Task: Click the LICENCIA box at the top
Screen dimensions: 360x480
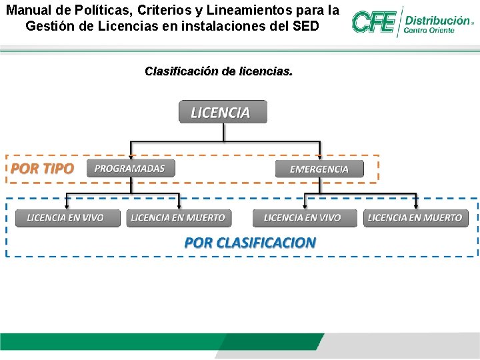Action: (223, 112)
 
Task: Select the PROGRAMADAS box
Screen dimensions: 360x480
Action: (130, 169)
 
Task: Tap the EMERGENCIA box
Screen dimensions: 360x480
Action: (320, 169)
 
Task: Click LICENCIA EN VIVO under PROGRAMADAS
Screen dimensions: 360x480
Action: (67, 218)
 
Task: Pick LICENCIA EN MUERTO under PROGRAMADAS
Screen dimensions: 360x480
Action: (179, 218)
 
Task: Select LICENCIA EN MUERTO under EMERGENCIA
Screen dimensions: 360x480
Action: (415, 218)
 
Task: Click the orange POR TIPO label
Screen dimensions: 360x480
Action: (42, 169)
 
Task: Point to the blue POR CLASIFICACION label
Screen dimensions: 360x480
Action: (250, 243)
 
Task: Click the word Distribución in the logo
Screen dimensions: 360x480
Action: (437, 21)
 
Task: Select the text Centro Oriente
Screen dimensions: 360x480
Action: (429, 31)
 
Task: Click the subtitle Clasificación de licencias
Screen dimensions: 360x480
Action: (218, 71)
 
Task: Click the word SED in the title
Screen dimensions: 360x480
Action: (306, 27)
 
